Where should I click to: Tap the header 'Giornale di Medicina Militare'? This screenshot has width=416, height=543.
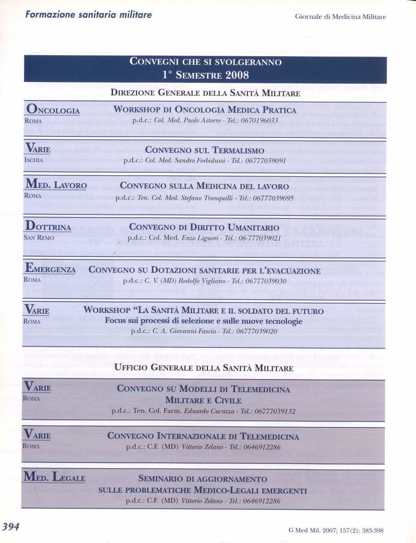[340, 17]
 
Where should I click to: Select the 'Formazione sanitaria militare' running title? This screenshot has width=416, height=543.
[88, 15]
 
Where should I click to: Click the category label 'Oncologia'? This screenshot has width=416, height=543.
[53, 110]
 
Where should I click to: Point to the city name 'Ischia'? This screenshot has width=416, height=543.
[34, 160]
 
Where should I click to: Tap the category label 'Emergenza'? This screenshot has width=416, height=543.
[50, 269]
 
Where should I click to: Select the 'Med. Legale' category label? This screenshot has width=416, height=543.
[54, 477]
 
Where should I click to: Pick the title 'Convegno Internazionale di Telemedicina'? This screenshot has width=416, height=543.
[203, 436]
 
